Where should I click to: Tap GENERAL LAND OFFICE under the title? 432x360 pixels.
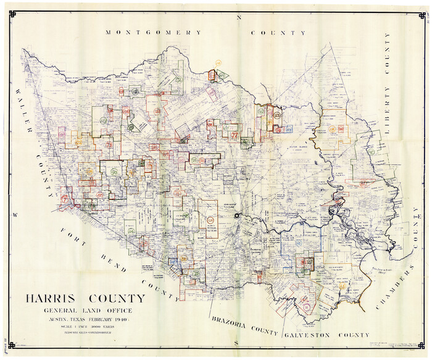[x=86, y=311]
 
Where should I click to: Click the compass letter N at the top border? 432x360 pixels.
[x=239, y=19]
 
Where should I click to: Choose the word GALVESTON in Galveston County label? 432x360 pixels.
[x=307, y=334]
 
